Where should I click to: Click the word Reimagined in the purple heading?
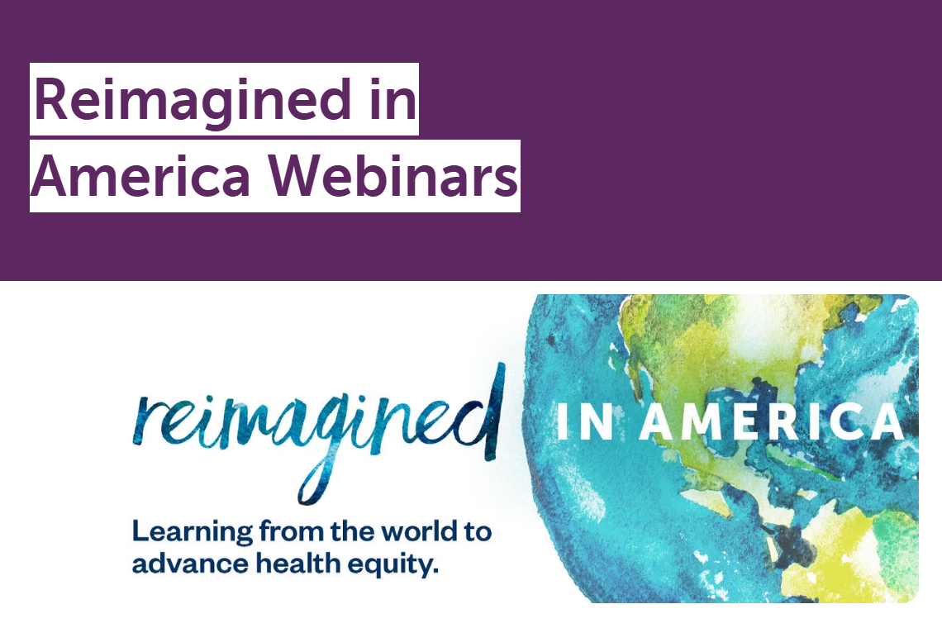193,100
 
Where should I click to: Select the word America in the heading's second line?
140,175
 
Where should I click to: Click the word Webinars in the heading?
392,175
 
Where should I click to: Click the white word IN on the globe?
585,422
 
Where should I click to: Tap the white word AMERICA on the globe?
772,422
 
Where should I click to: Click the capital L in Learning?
140,531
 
